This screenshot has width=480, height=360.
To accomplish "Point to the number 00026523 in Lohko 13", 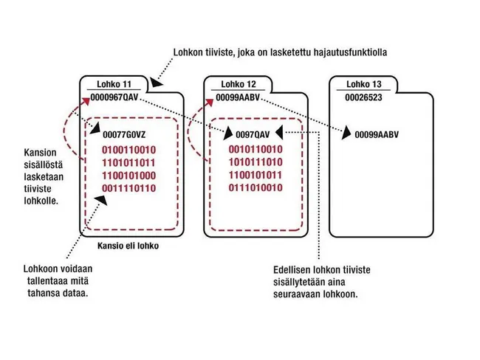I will (363, 97).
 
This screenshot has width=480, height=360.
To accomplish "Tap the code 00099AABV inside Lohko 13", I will (377, 134).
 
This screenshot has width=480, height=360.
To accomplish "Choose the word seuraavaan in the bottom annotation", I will (296, 294).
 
